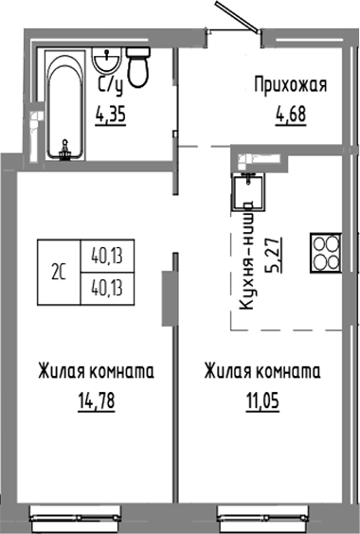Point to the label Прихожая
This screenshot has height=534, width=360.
pos(290,86)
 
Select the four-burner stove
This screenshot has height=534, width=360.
pos(326,253)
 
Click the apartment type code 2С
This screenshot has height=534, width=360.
pos(58,273)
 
